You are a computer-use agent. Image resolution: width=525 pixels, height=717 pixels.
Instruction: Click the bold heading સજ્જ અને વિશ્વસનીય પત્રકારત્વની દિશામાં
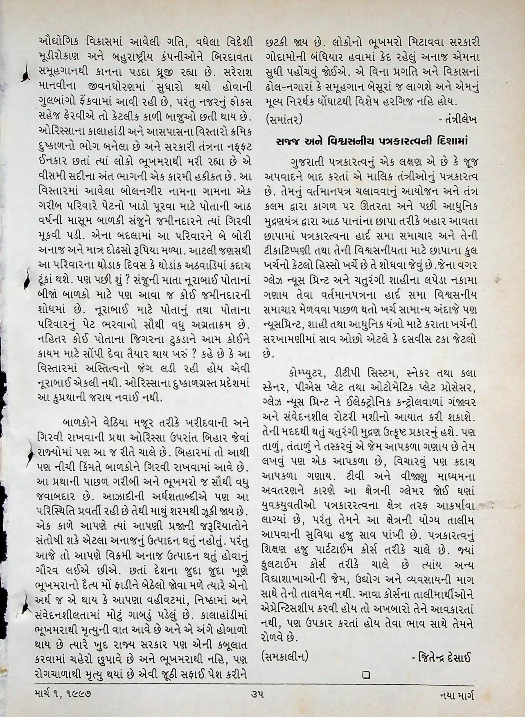369,141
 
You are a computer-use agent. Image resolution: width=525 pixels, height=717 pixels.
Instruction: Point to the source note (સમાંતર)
284,119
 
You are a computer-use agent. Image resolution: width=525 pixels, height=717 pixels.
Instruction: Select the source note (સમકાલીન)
285,657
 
